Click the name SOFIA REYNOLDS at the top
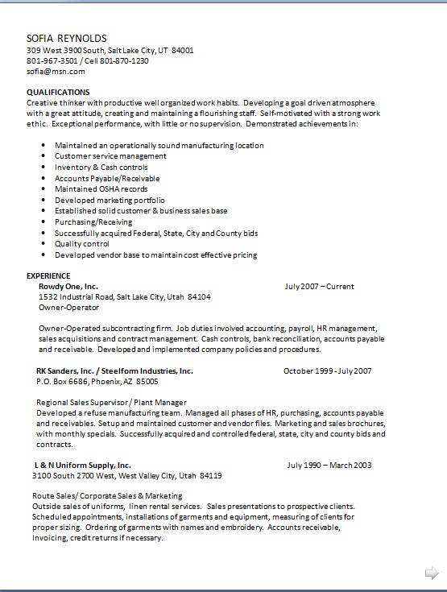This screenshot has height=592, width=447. coord(67,38)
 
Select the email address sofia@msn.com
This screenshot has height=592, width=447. coord(56,71)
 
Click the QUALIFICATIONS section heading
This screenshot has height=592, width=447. coord(58,92)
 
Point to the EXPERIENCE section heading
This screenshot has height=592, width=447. coord(48,275)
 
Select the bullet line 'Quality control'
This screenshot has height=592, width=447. coord(82,244)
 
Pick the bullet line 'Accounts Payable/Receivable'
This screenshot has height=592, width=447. coord(107,178)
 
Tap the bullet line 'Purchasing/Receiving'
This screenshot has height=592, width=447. coord(93,221)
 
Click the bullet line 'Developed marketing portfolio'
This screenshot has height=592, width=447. coord(110,200)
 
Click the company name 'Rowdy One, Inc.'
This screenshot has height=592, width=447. coord(68,286)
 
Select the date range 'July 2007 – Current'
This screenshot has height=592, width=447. coord(319,286)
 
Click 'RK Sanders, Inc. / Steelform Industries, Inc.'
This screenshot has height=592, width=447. coord(114,371)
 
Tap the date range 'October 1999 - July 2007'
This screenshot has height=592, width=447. coord(327,371)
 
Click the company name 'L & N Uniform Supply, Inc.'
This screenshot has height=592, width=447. coord(82,465)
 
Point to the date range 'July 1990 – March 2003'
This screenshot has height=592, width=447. coord(329,465)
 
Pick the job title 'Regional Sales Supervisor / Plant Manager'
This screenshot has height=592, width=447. coord(111,402)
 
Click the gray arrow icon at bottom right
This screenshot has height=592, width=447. coord(431,573)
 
